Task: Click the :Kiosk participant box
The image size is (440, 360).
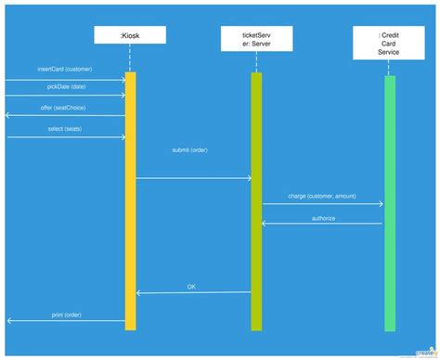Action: pos(130,36)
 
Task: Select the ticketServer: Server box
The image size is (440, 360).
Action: pos(256,38)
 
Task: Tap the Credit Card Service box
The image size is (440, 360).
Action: pos(389,43)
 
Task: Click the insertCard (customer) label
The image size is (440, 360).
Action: pos(65,70)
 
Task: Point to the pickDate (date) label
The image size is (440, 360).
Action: pos(66,86)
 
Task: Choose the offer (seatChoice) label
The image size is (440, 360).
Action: pos(66,108)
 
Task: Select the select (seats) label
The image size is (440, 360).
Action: pos(66,128)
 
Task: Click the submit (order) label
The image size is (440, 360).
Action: pos(192,149)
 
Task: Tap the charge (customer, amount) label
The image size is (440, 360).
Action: pos(322,197)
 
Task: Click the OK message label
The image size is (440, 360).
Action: pos(191,286)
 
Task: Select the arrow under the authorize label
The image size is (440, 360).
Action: pos(322,224)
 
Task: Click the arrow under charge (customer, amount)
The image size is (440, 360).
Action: pos(322,203)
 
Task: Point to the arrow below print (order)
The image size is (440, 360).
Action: pos(66,321)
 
